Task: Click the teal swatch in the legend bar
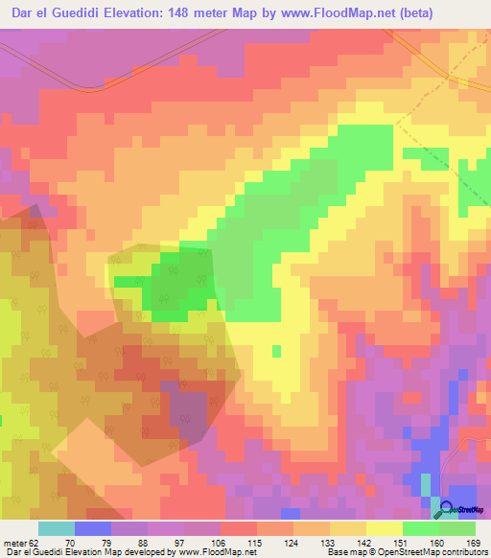pos(57,528)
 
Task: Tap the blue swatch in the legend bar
pos(93,528)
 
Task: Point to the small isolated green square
pos(277,351)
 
